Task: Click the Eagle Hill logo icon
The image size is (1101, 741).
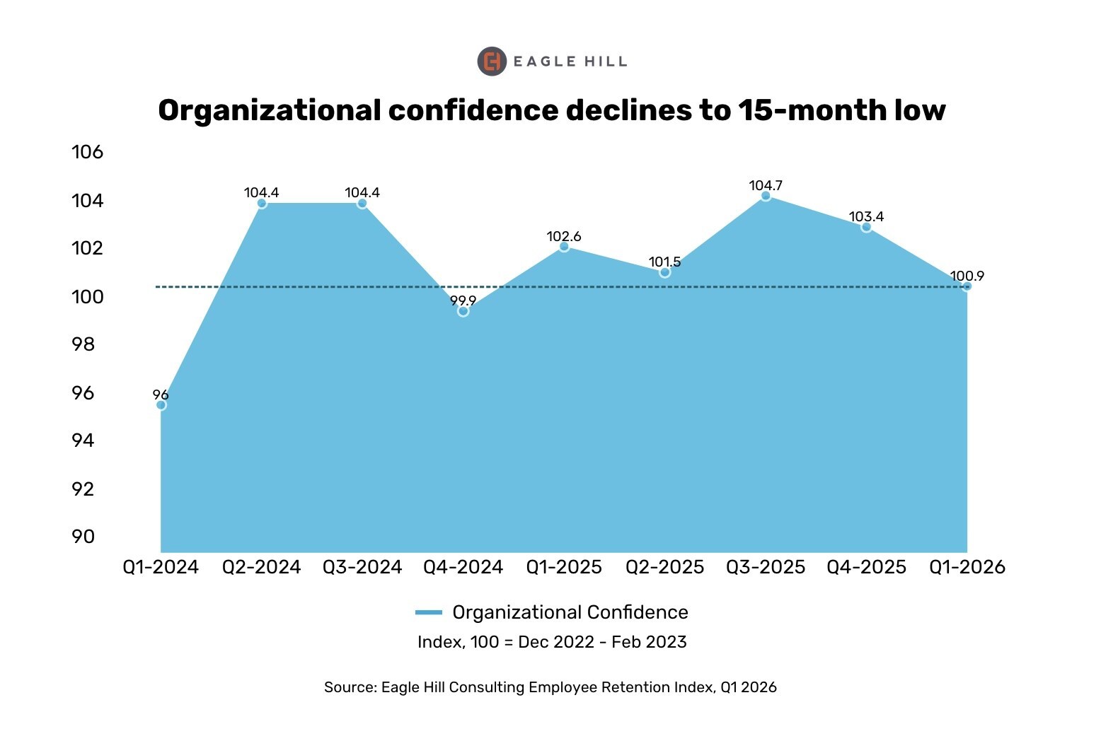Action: [492, 62]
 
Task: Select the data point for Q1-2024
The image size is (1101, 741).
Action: [161, 405]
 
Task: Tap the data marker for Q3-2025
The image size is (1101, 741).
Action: [766, 196]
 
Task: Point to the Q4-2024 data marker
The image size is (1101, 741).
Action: [463, 311]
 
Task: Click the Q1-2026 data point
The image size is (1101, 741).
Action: [967, 286]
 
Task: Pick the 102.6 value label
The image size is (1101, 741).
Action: [564, 236]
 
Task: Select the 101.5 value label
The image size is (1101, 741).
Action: [664, 262]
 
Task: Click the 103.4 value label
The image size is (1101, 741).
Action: [866, 217]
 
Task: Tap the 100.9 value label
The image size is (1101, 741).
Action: [967, 276]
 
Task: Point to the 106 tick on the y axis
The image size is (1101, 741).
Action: [87, 152]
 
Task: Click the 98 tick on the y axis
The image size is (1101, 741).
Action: [83, 344]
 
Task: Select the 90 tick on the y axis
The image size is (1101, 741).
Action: [83, 537]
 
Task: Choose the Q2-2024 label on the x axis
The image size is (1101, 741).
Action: [262, 567]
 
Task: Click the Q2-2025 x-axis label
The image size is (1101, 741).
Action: [665, 567]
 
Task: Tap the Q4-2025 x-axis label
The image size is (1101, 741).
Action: [866, 567]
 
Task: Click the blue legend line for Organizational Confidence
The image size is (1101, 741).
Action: [429, 612]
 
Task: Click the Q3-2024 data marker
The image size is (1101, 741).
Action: [362, 204]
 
